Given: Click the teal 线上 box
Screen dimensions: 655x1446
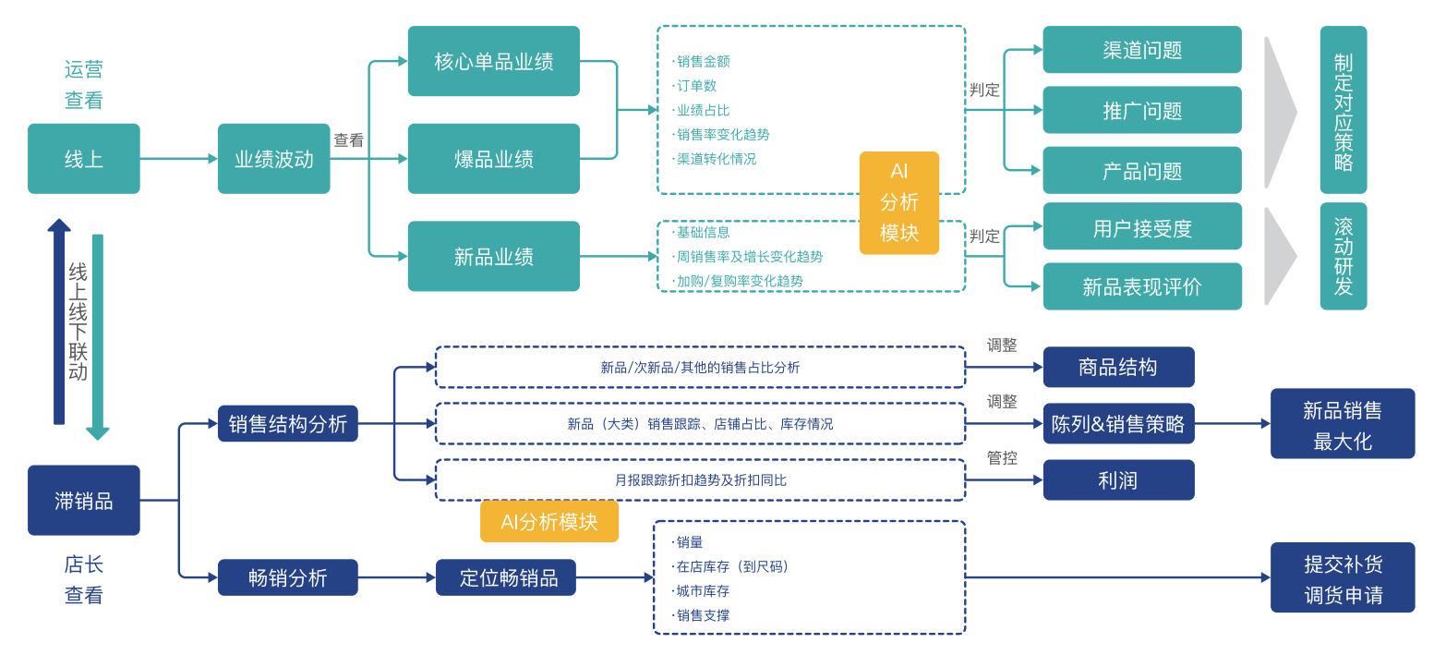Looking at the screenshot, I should [x=84, y=159].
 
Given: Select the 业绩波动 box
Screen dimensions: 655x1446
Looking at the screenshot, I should [x=273, y=159].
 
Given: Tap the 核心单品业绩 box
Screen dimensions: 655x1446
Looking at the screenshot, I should [x=494, y=61].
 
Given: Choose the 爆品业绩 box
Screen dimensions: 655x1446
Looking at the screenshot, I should [x=494, y=159].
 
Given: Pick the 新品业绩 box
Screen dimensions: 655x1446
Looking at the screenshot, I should [x=494, y=256].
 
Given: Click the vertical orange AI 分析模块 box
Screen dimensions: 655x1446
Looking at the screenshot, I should [x=898, y=202].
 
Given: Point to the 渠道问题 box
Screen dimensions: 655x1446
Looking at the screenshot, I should [x=1142, y=50].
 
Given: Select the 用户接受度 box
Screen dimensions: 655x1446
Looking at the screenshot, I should [x=1142, y=227].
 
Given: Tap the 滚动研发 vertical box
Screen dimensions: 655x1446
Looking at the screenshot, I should [x=1343, y=256].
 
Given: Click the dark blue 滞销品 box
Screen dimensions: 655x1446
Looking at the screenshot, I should [x=84, y=500].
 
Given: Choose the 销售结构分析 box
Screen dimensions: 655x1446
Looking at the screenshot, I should [x=288, y=423].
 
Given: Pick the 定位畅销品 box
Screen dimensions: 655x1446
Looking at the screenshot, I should [x=506, y=577].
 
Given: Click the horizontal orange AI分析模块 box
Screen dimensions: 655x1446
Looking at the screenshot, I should [x=549, y=521].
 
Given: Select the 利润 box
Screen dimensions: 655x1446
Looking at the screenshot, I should [x=1118, y=479].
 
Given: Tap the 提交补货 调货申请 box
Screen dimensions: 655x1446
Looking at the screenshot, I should [x=1343, y=577].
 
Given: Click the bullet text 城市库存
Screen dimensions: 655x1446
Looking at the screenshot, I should [x=703, y=591].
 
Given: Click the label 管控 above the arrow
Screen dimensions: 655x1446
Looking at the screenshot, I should [x=1002, y=457].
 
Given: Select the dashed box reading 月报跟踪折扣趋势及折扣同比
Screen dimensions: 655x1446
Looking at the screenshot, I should [x=700, y=479].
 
